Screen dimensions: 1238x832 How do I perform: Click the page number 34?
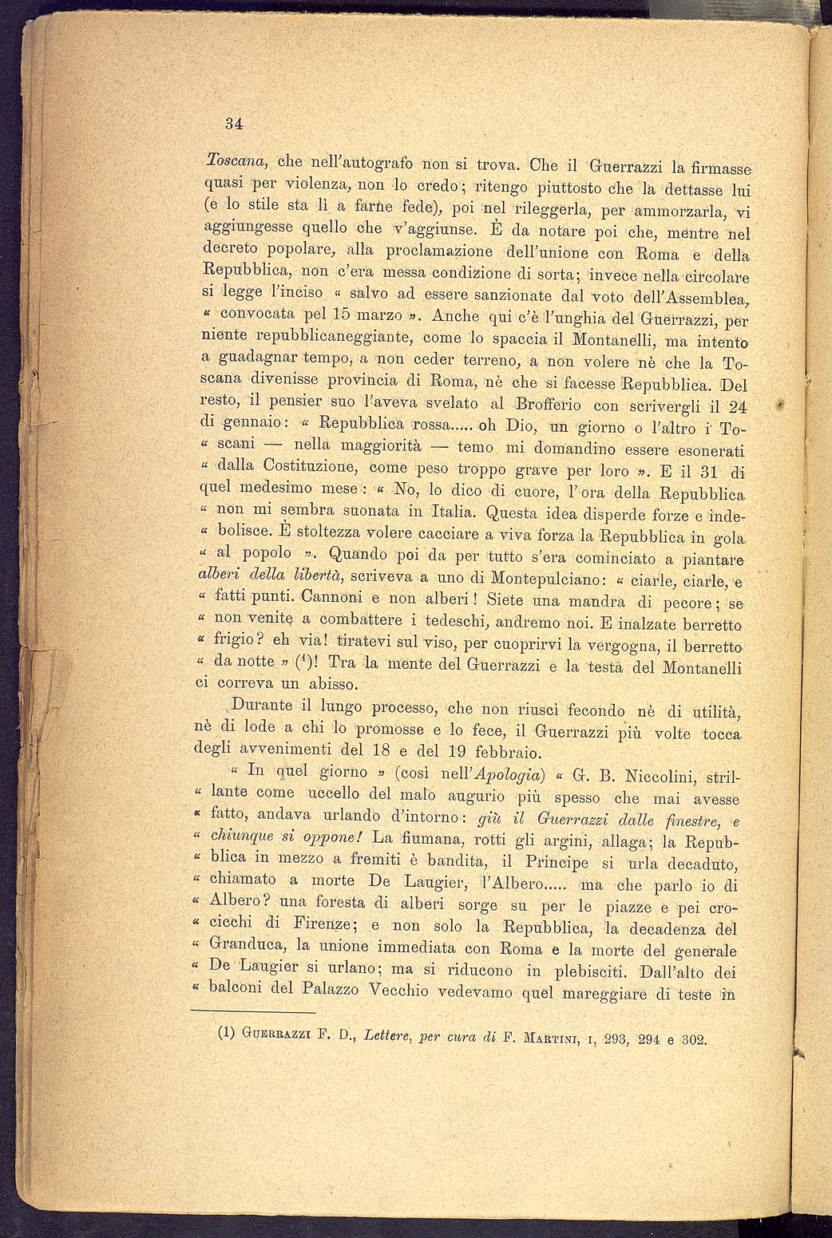[x=233, y=124]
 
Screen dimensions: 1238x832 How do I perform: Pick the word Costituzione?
[x=311, y=467]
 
